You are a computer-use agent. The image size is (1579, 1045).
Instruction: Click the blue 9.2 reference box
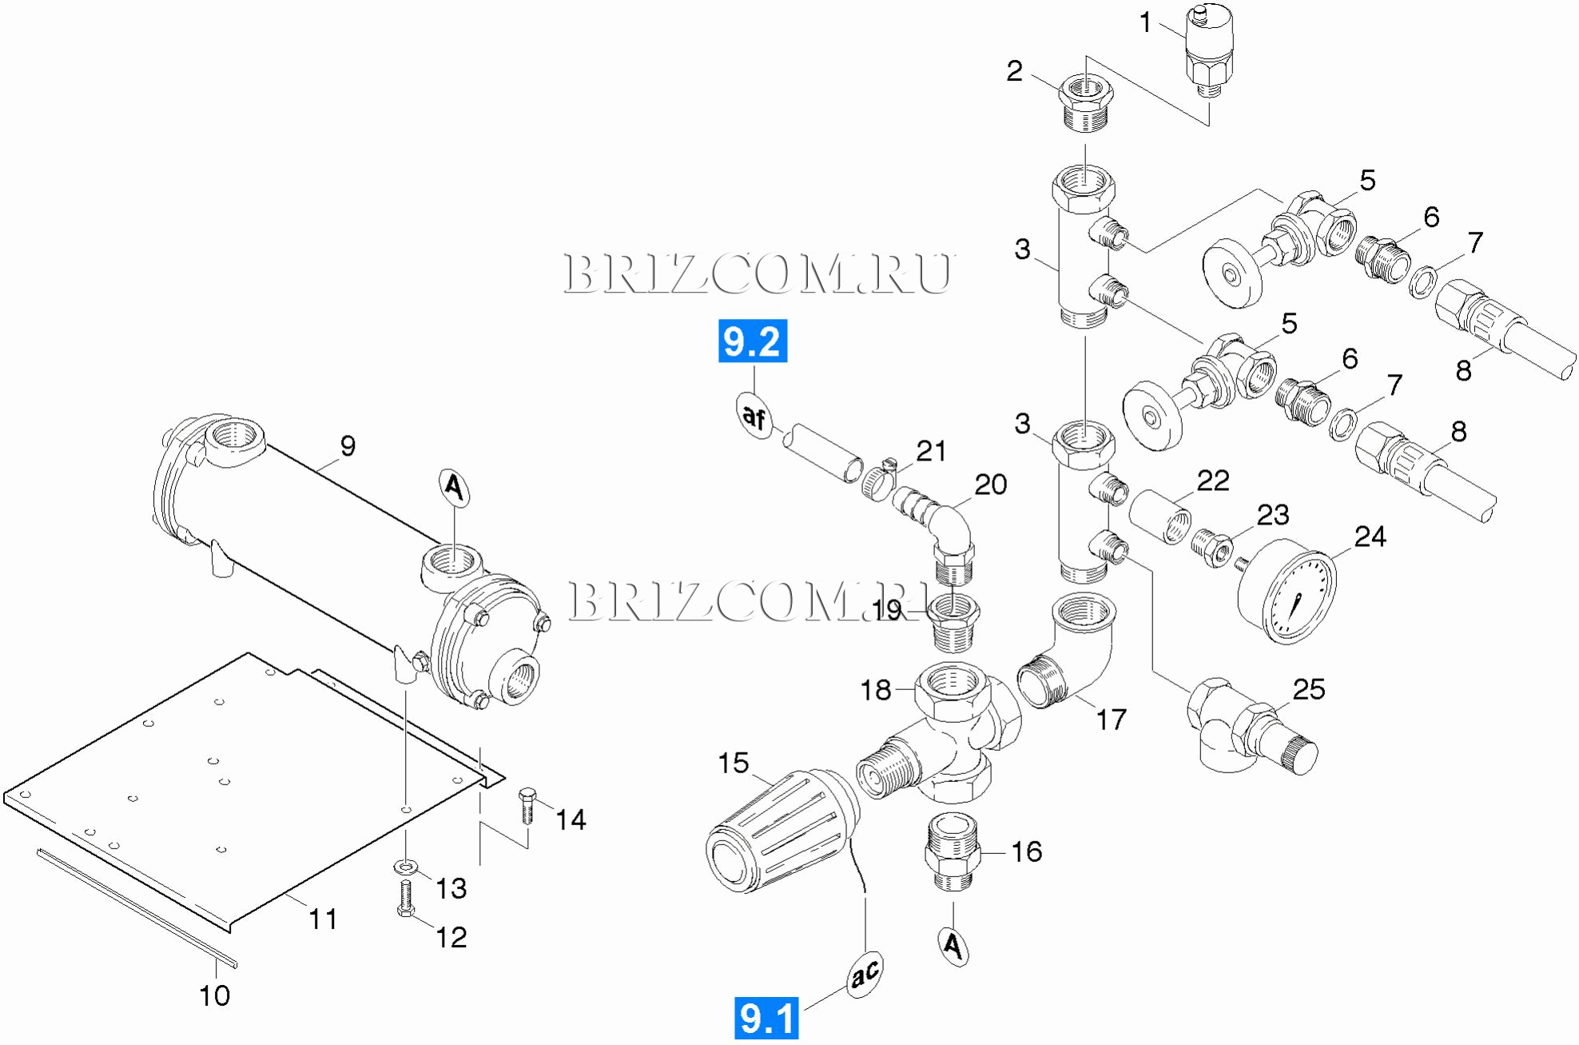pyautogui.click(x=752, y=341)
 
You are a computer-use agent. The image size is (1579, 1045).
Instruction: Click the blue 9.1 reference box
pyautogui.click(x=766, y=1018)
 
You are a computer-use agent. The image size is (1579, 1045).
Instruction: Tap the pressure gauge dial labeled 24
pyautogui.click(x=1287, y=592)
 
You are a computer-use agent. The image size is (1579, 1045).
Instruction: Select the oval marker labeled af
pyautogui.click(x=754, y=416)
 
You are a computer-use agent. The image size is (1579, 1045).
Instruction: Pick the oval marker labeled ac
pyautogui.click(x=865, y=974)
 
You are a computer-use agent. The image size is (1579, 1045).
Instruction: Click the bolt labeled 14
pyautogui.click(x=527, y=805)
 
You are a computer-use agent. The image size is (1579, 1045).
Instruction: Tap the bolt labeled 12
pyautogui.click(x=406, y=899)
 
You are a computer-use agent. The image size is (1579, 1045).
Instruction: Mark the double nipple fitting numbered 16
pyautogui.click(x=953, y=852)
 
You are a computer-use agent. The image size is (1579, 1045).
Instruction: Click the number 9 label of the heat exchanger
pyautogui.click(x=348, y=446)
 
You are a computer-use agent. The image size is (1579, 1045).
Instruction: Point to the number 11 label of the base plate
pyautogui.click(x=323, y=919)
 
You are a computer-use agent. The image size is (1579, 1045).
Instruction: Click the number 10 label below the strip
pyautogui.click(x=214, y=995)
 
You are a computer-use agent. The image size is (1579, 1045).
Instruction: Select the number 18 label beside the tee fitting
pyautogui.click(x=875, y=690)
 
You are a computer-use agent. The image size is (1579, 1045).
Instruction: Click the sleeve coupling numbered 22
pyautogui.click(x=1159, y=517)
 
